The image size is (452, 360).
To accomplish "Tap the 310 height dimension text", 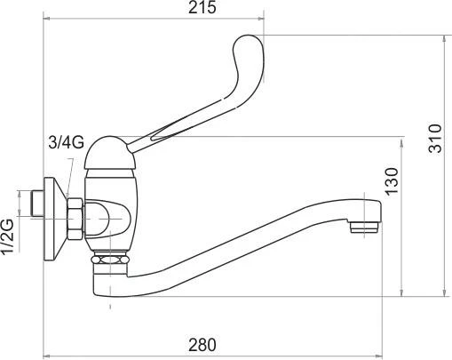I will [434, 139].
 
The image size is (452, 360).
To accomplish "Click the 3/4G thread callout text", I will [66, 142].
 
